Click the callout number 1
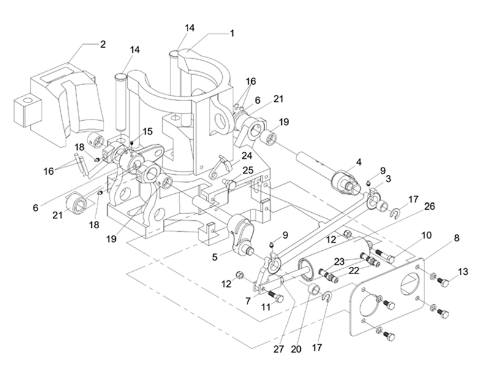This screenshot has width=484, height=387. click(x=232, y=34)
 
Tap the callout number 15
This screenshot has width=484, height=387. click(x=148, y=131)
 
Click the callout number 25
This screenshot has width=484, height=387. click(x=248, y=170)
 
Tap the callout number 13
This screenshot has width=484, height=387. click(x=462, y=270)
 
